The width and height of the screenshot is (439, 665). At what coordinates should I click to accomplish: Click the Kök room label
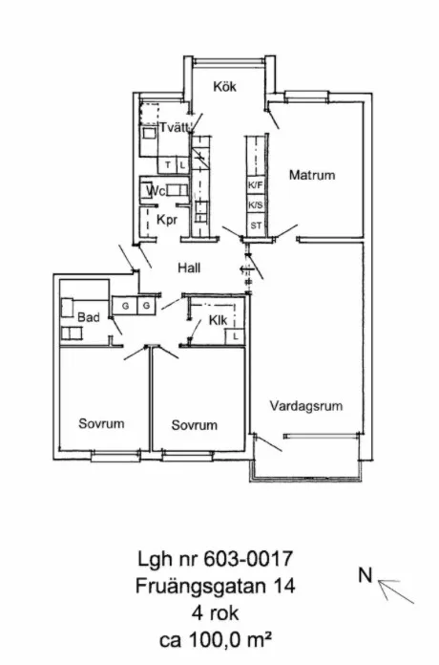[224, 87]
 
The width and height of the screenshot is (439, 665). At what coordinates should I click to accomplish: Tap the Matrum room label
[312, 175]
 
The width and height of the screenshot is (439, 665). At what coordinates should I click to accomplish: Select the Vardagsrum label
[306, 406]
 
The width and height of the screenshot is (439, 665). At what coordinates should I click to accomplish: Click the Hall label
[189, 268]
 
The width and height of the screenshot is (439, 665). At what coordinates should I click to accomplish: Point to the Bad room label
[89, 317]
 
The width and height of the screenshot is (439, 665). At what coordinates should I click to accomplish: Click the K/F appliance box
[256, 185]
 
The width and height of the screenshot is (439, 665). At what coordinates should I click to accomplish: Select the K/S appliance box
[256, 205]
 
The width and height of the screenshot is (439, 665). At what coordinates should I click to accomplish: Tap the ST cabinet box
[256, 225]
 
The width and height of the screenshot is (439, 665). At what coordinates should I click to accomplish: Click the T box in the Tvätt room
[167, 165]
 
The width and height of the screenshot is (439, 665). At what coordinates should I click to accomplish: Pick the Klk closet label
[218, 320]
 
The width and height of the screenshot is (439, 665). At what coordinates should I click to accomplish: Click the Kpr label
[166, 220]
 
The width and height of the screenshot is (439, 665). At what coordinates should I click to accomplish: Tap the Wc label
[156, 191]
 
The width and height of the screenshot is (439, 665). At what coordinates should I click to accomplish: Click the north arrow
[396, 591]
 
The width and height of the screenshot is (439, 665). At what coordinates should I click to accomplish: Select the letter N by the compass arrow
[366, 575]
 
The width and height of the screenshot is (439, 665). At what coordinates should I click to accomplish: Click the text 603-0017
[248, 559]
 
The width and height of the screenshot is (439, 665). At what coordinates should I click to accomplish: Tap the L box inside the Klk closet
[235, 336]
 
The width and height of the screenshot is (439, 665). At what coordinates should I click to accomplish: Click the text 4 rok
[216, 613]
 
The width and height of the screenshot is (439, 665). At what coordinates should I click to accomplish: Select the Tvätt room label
[174, 127]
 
